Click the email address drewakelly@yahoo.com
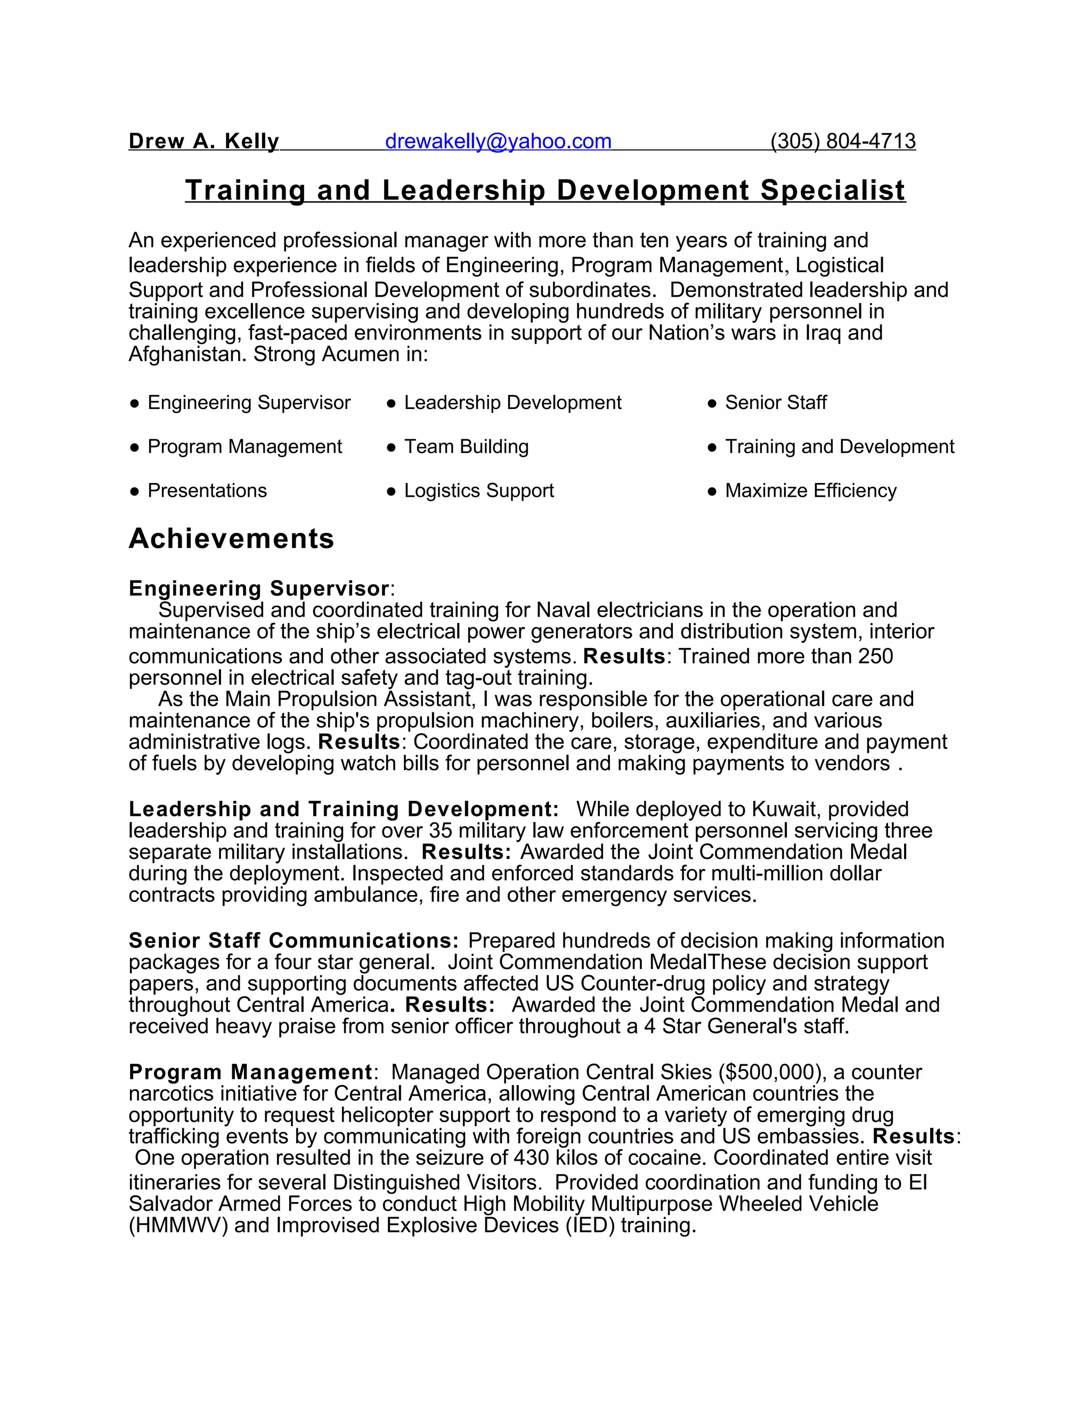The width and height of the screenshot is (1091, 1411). pos(498,141)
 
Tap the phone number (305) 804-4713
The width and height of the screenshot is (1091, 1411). pos(843,141)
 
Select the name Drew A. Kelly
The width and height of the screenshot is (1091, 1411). pos(203,141)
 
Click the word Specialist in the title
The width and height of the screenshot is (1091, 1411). pos(833,190)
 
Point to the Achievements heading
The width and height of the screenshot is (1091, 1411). pos(231,538)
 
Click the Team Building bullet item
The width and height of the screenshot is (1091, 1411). pos(466,446)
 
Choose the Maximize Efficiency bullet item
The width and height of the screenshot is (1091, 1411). pos(810,490)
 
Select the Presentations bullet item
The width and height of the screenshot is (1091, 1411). pos(207,490)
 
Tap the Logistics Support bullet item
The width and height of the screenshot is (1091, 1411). pos(479,490)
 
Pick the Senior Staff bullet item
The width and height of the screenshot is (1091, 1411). pos(776,403)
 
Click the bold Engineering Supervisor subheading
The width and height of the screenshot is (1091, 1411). pos(258,588)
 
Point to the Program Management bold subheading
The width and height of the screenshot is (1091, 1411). pos(250,1072)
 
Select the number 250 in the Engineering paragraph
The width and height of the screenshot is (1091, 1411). pos(875,656)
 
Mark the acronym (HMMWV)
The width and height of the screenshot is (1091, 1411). pos(178,1226)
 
